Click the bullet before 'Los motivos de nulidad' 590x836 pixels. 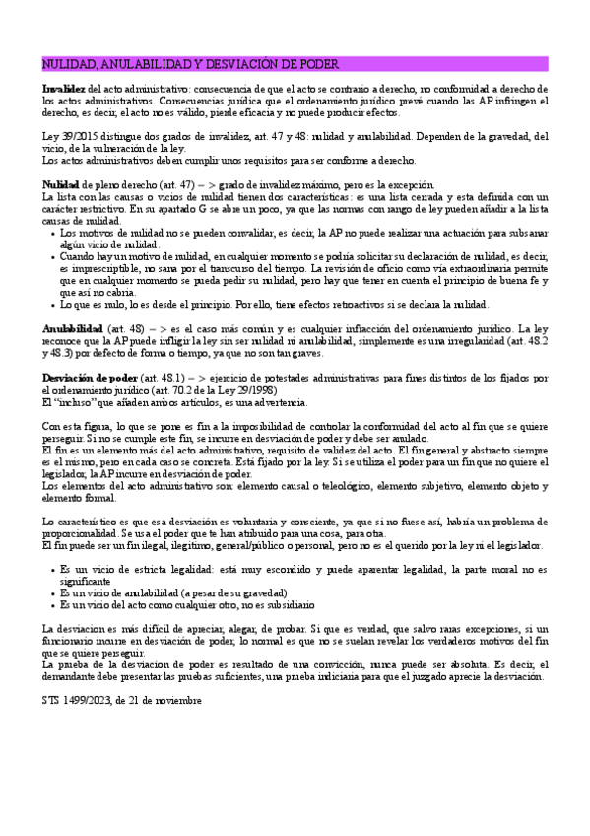point(50,233)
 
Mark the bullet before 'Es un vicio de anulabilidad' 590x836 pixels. point(50,592)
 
